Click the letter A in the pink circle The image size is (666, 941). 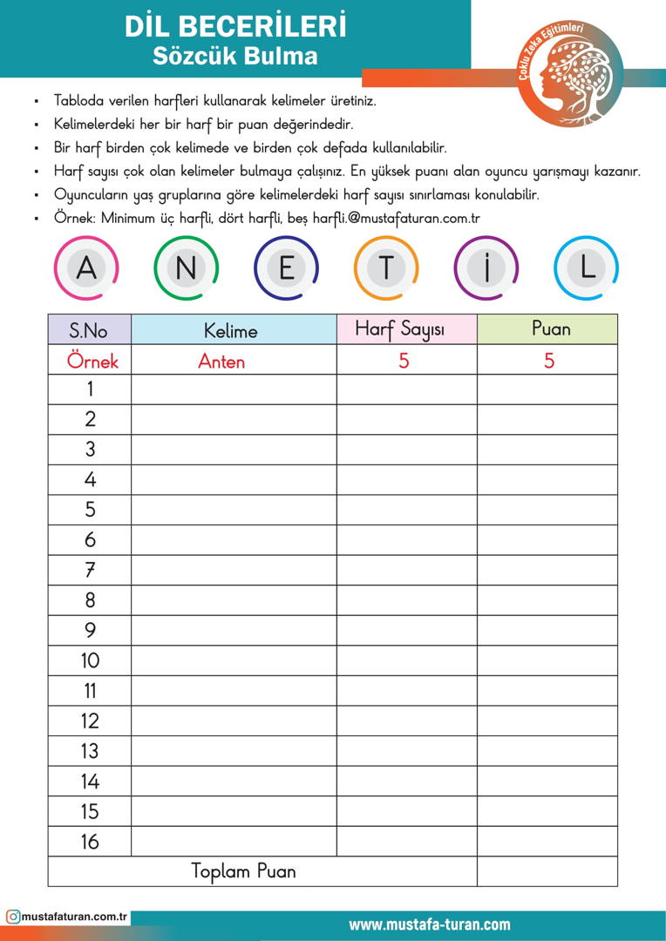tap(86, 268)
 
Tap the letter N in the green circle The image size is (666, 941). tap(186, 268)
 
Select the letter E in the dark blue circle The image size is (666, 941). tap(286, 268)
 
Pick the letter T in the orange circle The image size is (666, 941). tap(386, 268)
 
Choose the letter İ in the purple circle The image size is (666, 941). tap(486, 268)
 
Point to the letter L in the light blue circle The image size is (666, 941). tap(587, 268)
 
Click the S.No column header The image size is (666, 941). tap(89, 330)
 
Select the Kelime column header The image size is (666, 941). tap(231, 330)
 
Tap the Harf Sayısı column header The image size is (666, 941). tap(400, 329)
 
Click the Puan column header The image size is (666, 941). tap(551, 328)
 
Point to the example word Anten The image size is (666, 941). tap(221, 361)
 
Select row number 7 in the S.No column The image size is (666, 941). tap(90, 570)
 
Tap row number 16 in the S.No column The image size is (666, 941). tap(90, 841)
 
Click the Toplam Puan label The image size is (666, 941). tap(244, 871)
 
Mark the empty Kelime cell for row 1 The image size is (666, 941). tap(234, 389)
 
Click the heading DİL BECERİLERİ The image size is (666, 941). tap(235, 26)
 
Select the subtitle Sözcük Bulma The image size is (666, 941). tap(235, 57)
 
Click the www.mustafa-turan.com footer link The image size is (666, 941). tap(430, 924)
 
